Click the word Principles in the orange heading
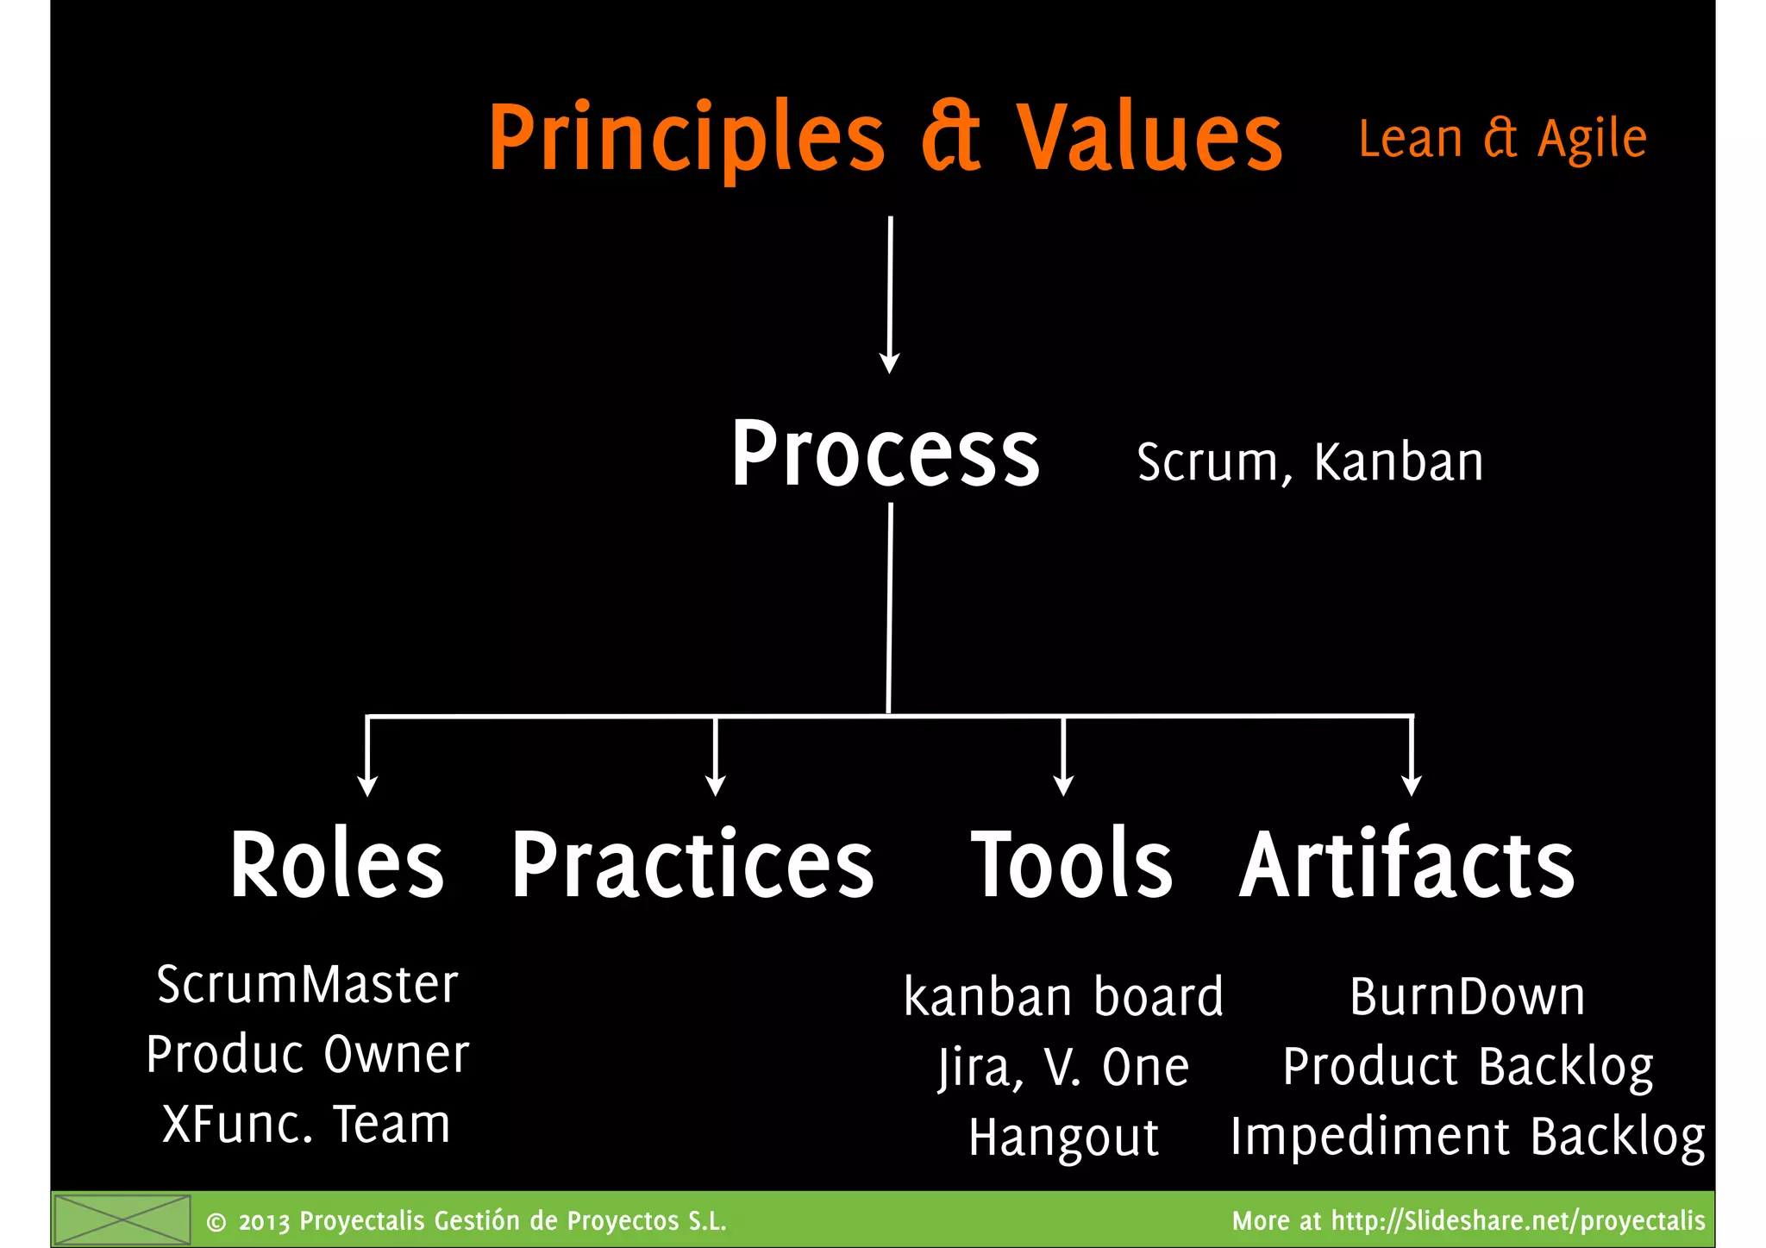point(686,138)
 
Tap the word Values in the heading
point(1149,138)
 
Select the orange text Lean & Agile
point(1502,139)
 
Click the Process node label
point(886,455)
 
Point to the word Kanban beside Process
point(1398,463)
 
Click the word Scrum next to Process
point(1207,463)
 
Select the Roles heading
point(337,864)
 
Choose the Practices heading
point(692,864)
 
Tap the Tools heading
point(1072,864)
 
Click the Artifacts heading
point(1406,864)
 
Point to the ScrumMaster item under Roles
point(308,984)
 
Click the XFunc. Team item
point(307,1125)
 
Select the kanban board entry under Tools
point(1063,997)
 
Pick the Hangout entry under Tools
point(1063,1138)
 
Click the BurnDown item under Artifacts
point(1467,997)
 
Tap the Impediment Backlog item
point(1467,1137)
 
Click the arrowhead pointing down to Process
point(889,362)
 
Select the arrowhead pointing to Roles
point(367,785)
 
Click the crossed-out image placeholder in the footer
point(122,1220)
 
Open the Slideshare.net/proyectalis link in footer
point(1518,1220)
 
